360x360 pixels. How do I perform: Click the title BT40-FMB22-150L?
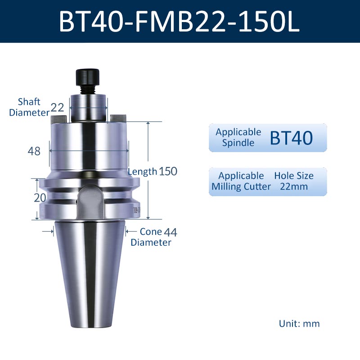[x=179, y=22]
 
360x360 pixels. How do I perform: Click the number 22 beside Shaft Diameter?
[x=57, y=107]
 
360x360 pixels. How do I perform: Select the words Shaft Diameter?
[x=29, y=107]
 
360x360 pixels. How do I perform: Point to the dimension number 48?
[x=34, y=151]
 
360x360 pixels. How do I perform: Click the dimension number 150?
[x=168, y=171]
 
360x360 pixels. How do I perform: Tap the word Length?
[x=142, y=171]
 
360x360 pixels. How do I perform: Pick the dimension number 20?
[x=40, y=198]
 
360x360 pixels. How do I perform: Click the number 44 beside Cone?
[x=171, y=232]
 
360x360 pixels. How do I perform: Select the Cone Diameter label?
[x=151, y=237]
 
